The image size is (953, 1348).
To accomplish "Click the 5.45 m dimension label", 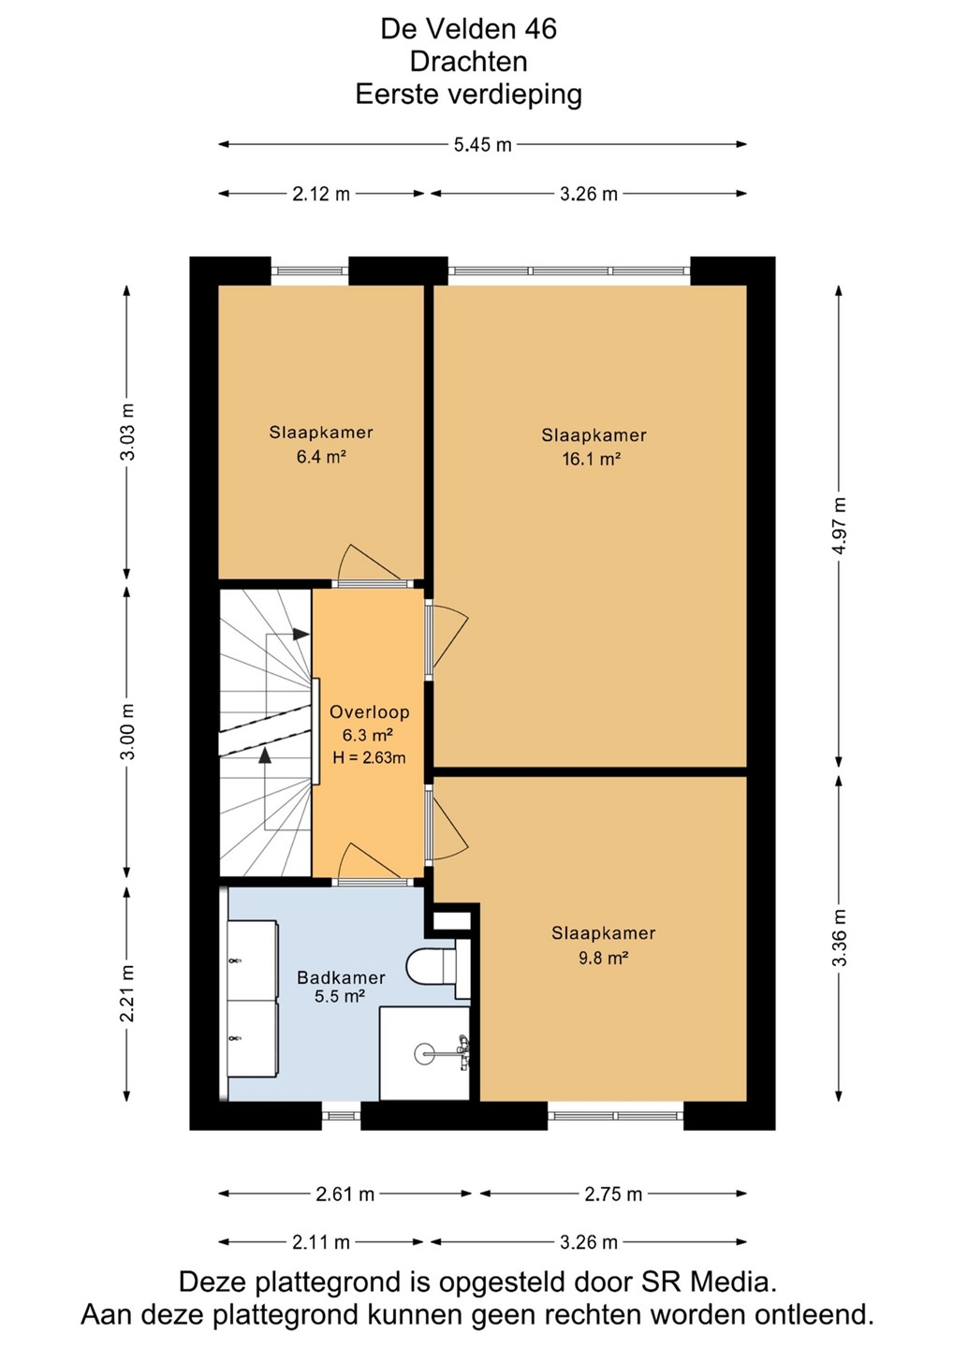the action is pos(482,145).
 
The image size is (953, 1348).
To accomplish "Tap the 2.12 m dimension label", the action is pos(321,195).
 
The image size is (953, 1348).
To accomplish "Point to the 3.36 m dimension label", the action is pos(840,937).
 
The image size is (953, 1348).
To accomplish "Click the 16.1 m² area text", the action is pos(592,460).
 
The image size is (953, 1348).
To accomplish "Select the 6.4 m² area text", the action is pos(321,457).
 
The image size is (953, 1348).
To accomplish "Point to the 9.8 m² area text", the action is pos(604,957).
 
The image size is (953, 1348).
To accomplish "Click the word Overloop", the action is pos(370,711).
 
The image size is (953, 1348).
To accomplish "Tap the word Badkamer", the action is pos(341,977).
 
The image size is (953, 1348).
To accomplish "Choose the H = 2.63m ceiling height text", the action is pos(369,757).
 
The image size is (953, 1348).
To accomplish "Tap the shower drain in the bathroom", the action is pos(423,1052).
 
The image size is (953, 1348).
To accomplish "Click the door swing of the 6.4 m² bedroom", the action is pos(371,564).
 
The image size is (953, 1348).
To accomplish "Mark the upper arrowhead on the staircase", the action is pos(301,634).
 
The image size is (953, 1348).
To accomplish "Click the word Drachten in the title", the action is pos(469,62).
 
